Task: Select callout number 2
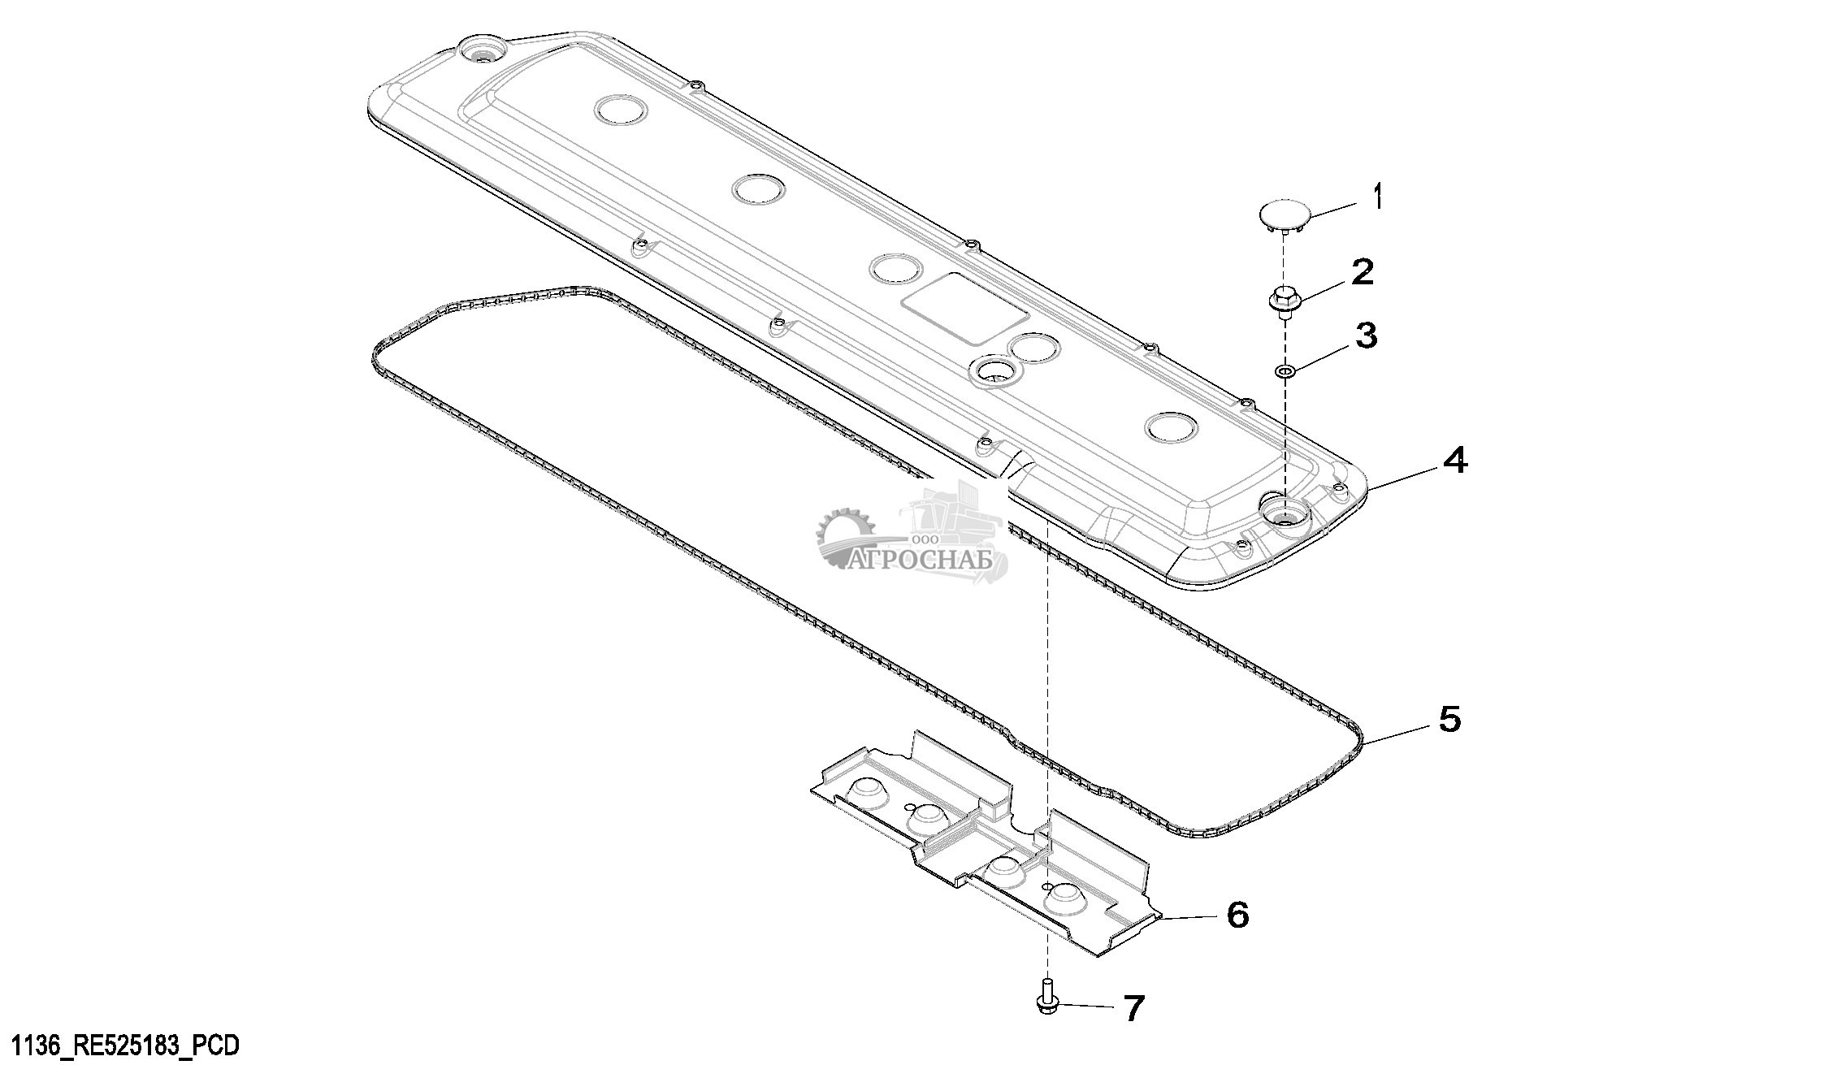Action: [x=1362, y=272]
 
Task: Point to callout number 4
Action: [x=1454, y=461]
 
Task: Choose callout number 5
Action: [x=1449, y=719]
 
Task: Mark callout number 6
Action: [x=1237, y=915]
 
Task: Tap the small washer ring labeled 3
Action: [x=1285, y=371]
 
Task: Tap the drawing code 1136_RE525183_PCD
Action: [x=120, y=1045]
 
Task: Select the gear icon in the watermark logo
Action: [x=842, y=537]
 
